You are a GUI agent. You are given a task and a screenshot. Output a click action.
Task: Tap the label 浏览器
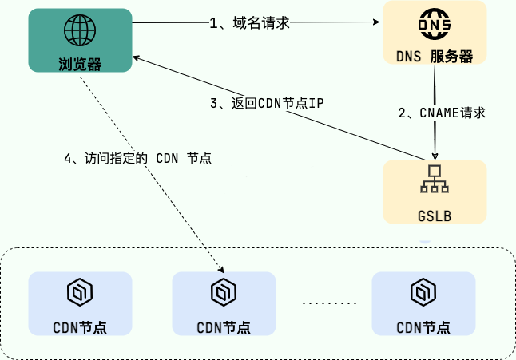point(80,64)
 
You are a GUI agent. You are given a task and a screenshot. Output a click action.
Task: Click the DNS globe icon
point(435,26)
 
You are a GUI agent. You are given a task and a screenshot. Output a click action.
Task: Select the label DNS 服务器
point(435,57)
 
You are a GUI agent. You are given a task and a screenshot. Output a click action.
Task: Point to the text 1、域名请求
point(248,23)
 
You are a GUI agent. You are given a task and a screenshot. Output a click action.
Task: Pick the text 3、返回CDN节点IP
point(267,103)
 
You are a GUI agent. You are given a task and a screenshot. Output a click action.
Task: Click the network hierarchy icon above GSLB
point(435,180)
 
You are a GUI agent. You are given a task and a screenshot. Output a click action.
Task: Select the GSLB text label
point(435,216)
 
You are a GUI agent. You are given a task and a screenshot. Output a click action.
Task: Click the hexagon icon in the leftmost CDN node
point(79,292)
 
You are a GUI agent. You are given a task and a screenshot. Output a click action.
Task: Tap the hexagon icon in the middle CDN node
point(223,292)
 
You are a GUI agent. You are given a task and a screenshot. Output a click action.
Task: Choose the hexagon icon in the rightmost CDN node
point(423,292)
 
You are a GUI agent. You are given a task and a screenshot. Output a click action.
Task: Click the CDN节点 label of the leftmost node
point(80,327)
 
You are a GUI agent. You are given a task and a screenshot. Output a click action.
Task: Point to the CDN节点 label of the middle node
point(224,327)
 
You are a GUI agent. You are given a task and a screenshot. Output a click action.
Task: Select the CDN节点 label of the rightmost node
point(423,327)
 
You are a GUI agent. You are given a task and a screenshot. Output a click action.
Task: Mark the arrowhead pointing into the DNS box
point(378,23)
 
